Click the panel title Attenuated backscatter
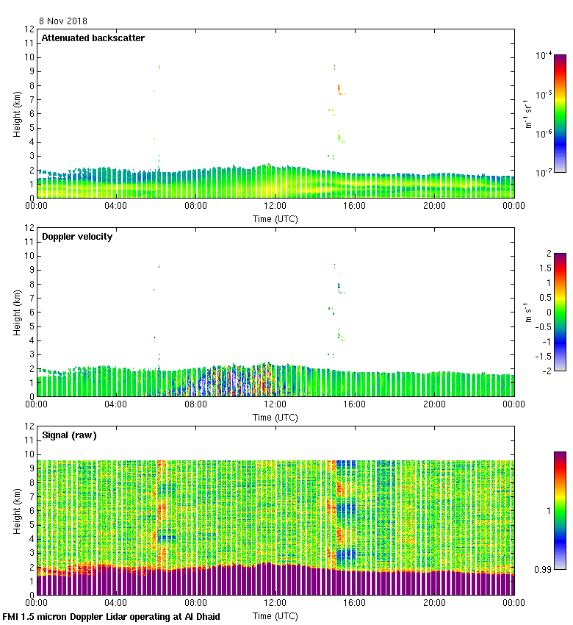coord(93,38)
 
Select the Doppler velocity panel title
coord(77,237)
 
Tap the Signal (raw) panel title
coord(69,435)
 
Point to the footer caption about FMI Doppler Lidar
coord(112,617)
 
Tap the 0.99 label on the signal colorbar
coord(545,569)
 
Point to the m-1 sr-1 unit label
coord(529,113)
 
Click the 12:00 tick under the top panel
coord(275,206)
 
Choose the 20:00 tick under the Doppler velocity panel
coord(434,404)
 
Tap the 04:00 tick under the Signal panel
coord(116,603)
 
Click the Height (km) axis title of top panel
coord(16,113)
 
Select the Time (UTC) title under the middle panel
coord(275,417)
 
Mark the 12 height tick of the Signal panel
coord(29,426)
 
